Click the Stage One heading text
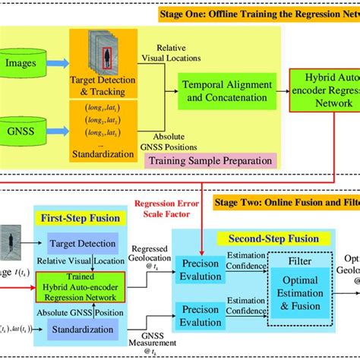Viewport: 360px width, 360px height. tap(262, 14)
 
